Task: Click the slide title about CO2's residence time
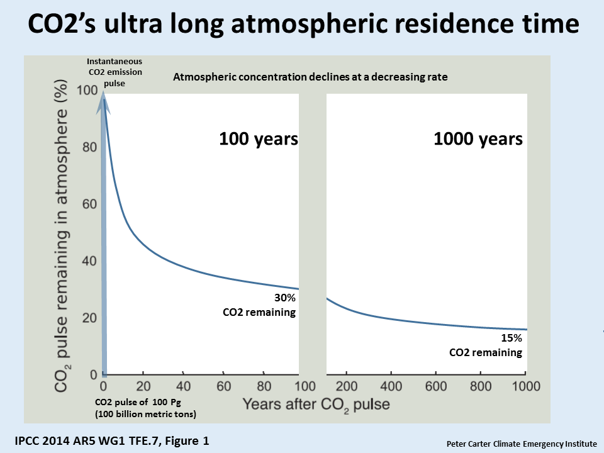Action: (x=303, y=24)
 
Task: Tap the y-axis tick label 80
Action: (x=89, y=147)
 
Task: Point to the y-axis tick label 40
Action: (x=89, y=260)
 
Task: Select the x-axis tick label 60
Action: (x=223, y=386)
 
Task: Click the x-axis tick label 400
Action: (x=391, y=386)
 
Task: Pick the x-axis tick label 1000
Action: (x=526, y=386)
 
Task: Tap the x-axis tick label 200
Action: (x=346, y=386)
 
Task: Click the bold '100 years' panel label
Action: (x=259, y=138)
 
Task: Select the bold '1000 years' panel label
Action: (x=478, y=138)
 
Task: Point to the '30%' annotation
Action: (x=284, y=298)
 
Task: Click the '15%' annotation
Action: (x=511, y=338)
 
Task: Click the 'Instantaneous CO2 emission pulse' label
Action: (x=115, y=72)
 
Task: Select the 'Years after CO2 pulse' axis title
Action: (x=316, y=405)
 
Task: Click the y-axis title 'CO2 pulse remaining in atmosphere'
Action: (x=62, y=236)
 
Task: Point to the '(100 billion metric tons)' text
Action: (x=145, y=414)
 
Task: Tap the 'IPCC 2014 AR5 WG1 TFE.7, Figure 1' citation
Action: (x=112, y=440)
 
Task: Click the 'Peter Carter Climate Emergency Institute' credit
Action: (x=522, y=444)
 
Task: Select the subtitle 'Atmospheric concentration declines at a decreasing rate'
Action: (x=310, y=77)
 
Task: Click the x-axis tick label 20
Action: (x=143, y=386)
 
